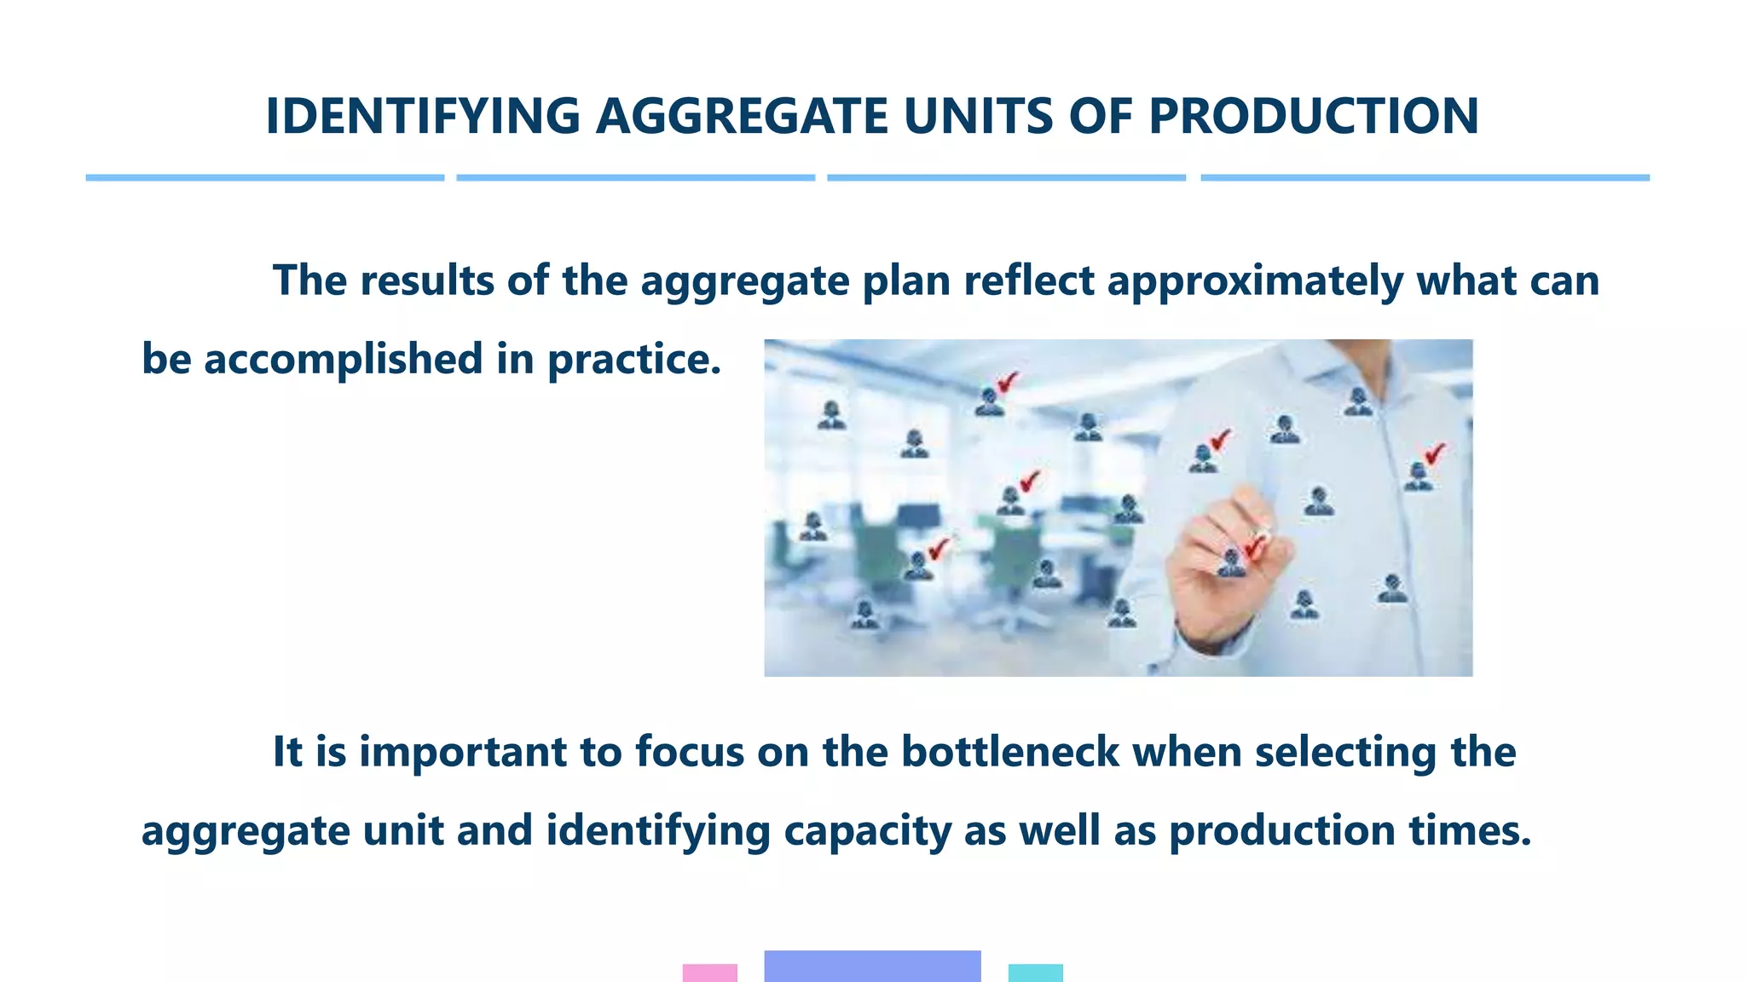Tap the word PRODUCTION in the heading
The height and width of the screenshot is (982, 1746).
coord(1313,117)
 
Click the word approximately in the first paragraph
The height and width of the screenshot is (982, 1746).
coord(1254,281)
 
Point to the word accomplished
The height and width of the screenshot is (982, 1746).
coord(343,360)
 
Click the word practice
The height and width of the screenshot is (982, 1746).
coord(633,360)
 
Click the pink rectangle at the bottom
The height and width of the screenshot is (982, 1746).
coord(709,973)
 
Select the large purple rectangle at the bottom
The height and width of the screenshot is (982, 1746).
coord(872,966)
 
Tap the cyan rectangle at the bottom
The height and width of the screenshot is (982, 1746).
coord(1035,973)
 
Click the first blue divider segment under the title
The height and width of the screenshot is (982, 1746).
coord(264,177)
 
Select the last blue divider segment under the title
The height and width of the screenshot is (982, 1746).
coord(1425,177)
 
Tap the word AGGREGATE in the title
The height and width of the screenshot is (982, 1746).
coord(742,117)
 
